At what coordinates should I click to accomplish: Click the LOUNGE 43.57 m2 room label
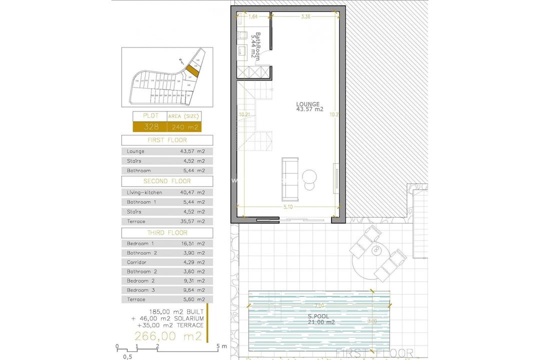tap(309, 106)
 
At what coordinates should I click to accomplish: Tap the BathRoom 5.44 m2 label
tap(256, 46)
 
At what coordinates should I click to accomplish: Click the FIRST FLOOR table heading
tap(167, 140)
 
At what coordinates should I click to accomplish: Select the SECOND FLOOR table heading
tap(167, 181)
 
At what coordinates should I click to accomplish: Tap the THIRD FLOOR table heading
tap(167, 232)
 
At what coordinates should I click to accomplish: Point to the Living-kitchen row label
tap(144, 192)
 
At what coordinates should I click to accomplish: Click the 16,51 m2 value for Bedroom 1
tap(192, 243)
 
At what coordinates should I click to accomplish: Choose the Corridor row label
tap(136, 262)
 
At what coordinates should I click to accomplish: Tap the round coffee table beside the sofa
tap(309, 176)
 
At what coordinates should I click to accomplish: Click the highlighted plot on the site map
tap(192, 70)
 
